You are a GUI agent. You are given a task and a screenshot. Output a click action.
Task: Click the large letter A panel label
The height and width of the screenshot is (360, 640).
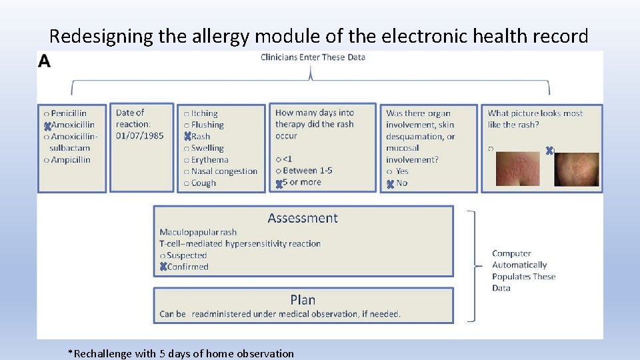(45, 61)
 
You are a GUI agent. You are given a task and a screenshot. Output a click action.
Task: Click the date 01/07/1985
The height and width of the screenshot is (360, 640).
(139, 136)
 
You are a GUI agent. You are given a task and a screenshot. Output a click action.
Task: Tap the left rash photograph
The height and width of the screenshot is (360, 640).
(518, 169)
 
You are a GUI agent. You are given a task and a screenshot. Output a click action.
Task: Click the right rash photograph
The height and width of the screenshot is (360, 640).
(577, 169)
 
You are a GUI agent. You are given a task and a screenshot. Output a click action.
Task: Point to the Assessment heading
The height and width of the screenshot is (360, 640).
(303, 218)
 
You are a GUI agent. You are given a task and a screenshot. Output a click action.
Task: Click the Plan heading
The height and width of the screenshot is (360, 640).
(303, 300)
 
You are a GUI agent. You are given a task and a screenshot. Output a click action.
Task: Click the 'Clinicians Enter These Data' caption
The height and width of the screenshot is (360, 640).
(313, 57)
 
